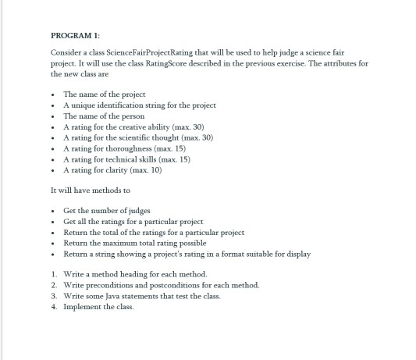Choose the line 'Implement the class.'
(94, 307)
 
